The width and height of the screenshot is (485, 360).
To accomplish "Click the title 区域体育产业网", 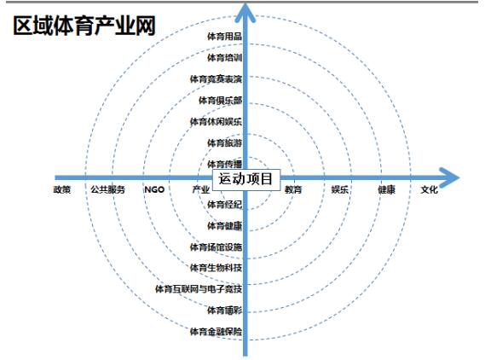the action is click(x=84, y=26).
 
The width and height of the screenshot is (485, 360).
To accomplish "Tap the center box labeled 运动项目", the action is click(x=245, y=179).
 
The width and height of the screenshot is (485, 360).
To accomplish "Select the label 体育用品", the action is click(x=224, y=36).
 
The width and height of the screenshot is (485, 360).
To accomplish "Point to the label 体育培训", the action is click(x=224, y=57).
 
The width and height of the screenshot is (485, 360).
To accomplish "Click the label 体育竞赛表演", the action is click(x=216, y=79).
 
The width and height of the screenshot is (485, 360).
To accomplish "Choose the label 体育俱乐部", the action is click(x=220, y=101).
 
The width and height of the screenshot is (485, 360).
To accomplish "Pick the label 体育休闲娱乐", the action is click(x=216, y=122).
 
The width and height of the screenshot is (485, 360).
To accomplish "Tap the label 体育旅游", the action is click(x=224, y=142).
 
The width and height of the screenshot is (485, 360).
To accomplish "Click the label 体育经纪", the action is click(x=224, y=204).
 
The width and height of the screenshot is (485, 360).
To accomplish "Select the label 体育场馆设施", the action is click(x=216, y=247).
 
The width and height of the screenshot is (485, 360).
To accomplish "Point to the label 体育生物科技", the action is click(x=216, y=268).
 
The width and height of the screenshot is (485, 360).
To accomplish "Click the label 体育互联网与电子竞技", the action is click(x=199, y=289).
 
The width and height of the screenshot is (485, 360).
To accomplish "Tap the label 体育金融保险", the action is click(x=216, y=332).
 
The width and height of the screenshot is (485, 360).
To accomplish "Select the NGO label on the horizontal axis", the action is click(x=154, y=189).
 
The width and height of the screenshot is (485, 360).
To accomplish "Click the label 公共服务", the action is click(x=108, y=189).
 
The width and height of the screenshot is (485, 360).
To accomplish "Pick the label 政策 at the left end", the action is click(x=62, y=189).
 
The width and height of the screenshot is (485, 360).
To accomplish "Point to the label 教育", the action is click(x=293, y=189).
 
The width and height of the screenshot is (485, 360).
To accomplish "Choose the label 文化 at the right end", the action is click(x=430, y=189).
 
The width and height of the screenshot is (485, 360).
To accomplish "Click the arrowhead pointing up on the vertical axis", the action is click(x=245, y=13).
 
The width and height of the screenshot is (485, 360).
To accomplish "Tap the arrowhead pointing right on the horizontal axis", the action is click(x=450, y=177).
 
